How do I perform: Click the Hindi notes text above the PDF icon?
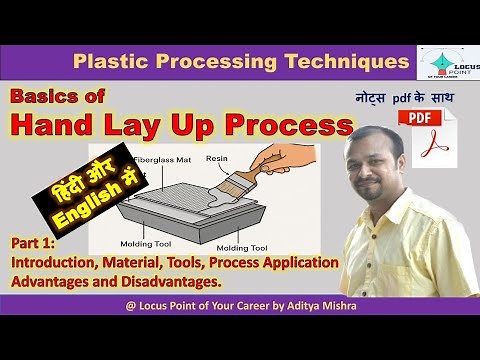[x=403, y=99]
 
